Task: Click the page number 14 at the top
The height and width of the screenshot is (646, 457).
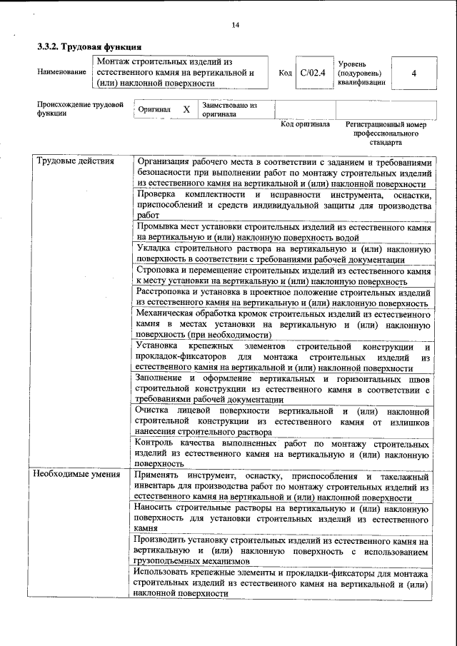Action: tap(236, 26)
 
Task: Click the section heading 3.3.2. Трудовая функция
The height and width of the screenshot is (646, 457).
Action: tap(84, 47)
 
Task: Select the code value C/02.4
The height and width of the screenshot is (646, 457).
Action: tap(313, 73)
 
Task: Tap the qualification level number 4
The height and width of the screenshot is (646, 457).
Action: tap(413, 73)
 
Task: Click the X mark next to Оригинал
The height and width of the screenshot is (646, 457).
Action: tap(186, 110)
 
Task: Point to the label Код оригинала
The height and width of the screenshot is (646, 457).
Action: tap(305, 124)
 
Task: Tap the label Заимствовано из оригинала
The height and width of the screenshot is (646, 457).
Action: tap(229, 109)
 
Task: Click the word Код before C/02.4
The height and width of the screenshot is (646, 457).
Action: tap(285, 73)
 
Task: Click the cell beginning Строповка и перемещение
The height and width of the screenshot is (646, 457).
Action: tap(283, 276)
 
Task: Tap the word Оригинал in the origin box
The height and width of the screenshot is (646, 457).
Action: tap(155, 110)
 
